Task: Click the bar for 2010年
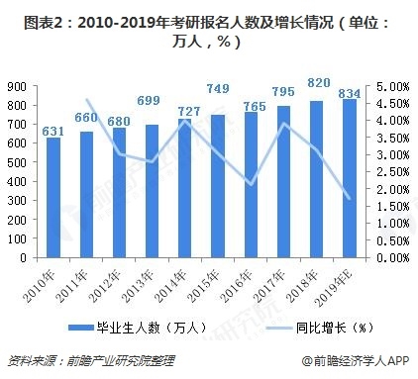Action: [53, 198]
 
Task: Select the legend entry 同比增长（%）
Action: [306, 327]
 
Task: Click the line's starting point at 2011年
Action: [87, 100]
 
